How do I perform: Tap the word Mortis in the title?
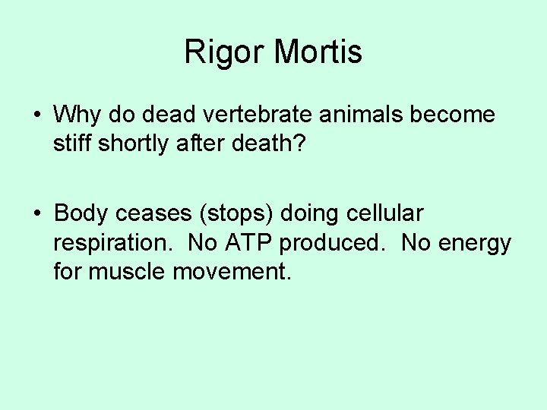tap(318, 52)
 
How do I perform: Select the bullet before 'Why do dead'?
tap(36, 115)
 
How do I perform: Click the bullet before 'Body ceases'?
tap(36, 213)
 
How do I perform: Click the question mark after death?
tap(299, 143)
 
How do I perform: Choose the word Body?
tap(81, 213)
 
